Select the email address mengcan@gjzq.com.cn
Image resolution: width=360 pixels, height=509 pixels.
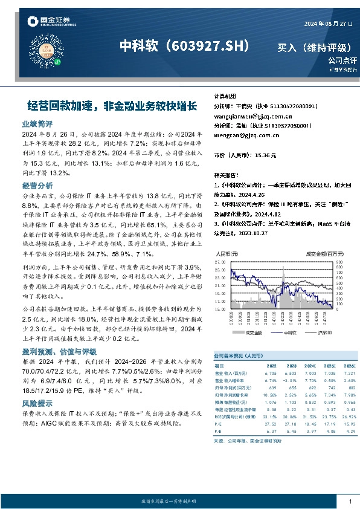[240, 136]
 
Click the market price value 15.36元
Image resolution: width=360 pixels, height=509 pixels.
[266, 155]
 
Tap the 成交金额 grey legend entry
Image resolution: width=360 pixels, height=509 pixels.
[252, 332]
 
